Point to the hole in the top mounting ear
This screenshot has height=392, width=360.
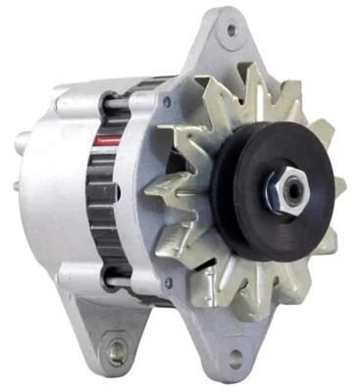click(x=231, y=29)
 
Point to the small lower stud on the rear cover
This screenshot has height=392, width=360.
click(x=17, y=186)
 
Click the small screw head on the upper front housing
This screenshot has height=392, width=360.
click(x=168, y=102)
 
